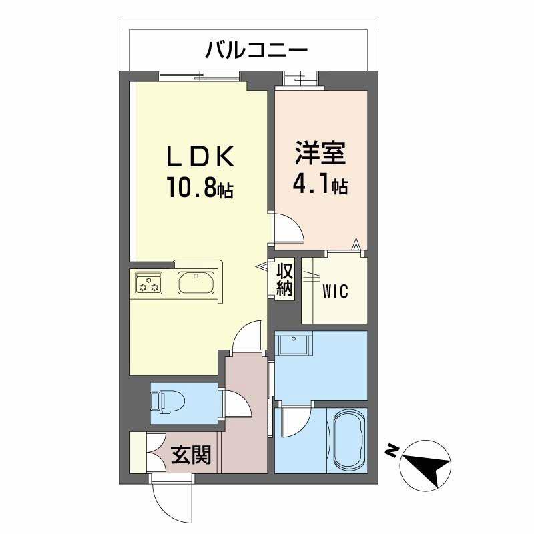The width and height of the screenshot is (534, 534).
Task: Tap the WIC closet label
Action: [x=336, y=292]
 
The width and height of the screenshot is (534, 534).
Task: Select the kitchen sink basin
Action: [x=196, y=284]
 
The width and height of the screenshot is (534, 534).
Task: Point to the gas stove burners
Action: [x=148, y=284]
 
